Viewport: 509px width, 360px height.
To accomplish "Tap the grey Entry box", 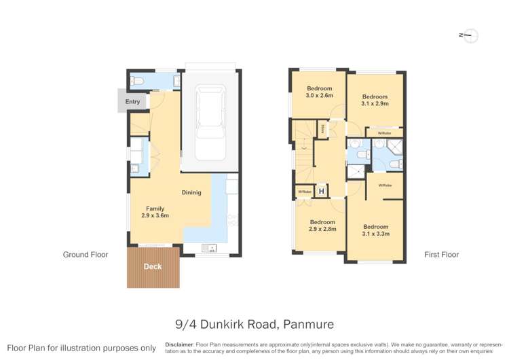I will click(x=132, y=102).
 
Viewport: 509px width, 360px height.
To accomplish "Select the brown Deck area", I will click(x=153, y=267).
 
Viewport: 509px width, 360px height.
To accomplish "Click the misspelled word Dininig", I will click(x=191, y=192).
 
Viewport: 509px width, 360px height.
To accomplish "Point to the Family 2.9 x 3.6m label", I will click(x=155, y=212).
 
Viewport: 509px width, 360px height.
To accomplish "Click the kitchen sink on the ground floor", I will click(x=211, y=249).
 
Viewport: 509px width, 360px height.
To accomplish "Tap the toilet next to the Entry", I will click(x=138, y=82).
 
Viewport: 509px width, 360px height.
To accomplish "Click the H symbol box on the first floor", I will click(x=321, y=192).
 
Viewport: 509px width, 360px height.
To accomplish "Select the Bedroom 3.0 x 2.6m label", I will click(x=319, y=92).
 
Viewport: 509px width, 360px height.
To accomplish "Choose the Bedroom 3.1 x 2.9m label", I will click(x=375, y=101).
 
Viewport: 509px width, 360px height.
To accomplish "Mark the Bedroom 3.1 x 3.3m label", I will click(x=375, y=230).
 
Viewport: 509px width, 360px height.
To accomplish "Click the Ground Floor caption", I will click(x=86, y=255).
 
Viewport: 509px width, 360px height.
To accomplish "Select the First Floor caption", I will click(x=441, y=255).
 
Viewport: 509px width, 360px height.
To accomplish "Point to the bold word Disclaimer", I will click(x=179, y=344).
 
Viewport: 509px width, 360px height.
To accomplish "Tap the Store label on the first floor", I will click(x=324, y=127).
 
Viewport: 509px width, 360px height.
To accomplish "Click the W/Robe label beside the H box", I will click(x=303, y=192).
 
